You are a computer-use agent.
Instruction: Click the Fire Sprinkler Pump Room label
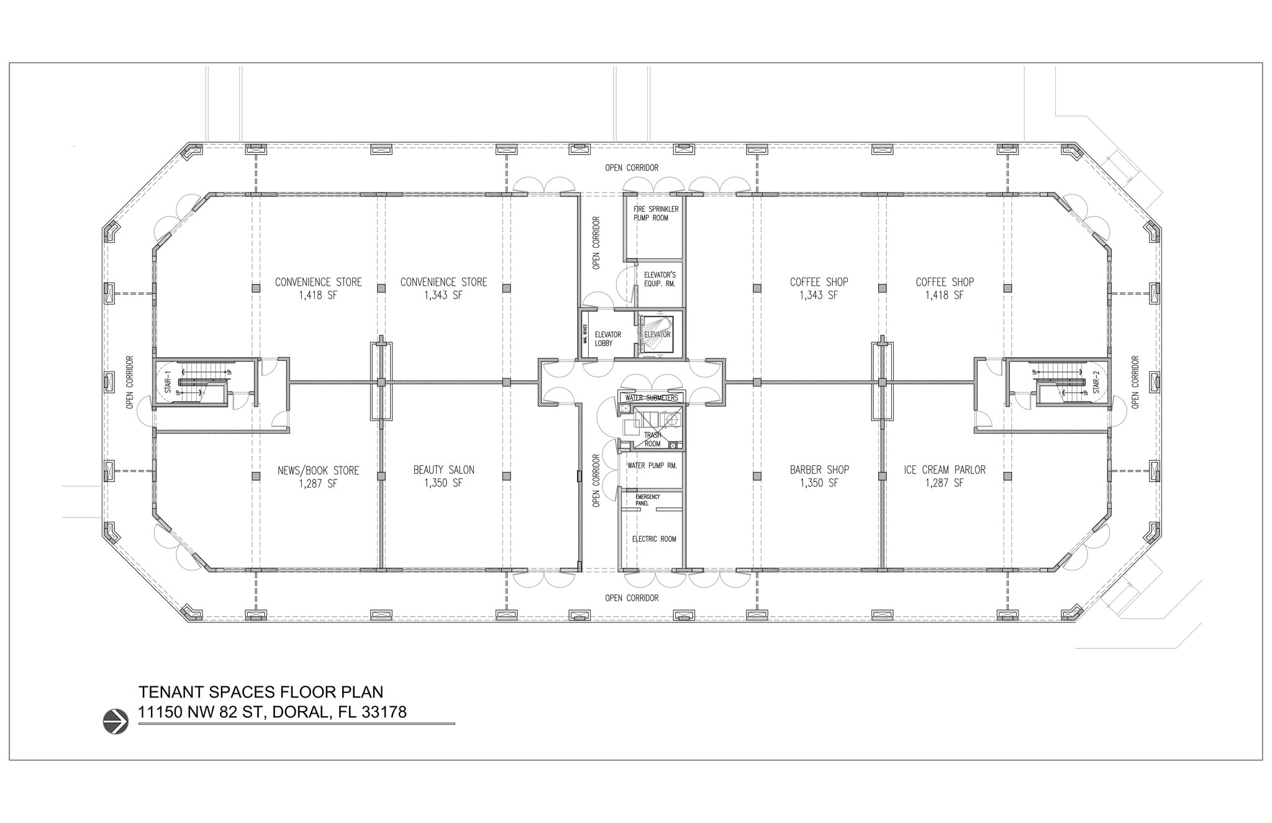[656, 214]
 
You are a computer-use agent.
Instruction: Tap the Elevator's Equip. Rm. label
[659, 279]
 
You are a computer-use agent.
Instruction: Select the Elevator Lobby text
[607, 339]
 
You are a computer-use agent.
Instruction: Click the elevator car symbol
[657, 334]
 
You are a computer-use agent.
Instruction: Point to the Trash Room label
[652, 439]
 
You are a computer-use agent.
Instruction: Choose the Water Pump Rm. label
[652, 465]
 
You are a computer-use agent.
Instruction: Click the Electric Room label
[653, 539]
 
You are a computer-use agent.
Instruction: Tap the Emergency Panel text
[647, 500]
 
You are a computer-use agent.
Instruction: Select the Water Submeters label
[652, 398]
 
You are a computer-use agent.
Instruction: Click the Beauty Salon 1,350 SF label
[443, 476]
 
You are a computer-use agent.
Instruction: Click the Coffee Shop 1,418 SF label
[944, 288]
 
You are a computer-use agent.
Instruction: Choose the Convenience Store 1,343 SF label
[443, 288]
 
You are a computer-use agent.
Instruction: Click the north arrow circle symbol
[116, 722]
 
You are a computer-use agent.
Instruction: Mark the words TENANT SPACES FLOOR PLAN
[261, 692]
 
